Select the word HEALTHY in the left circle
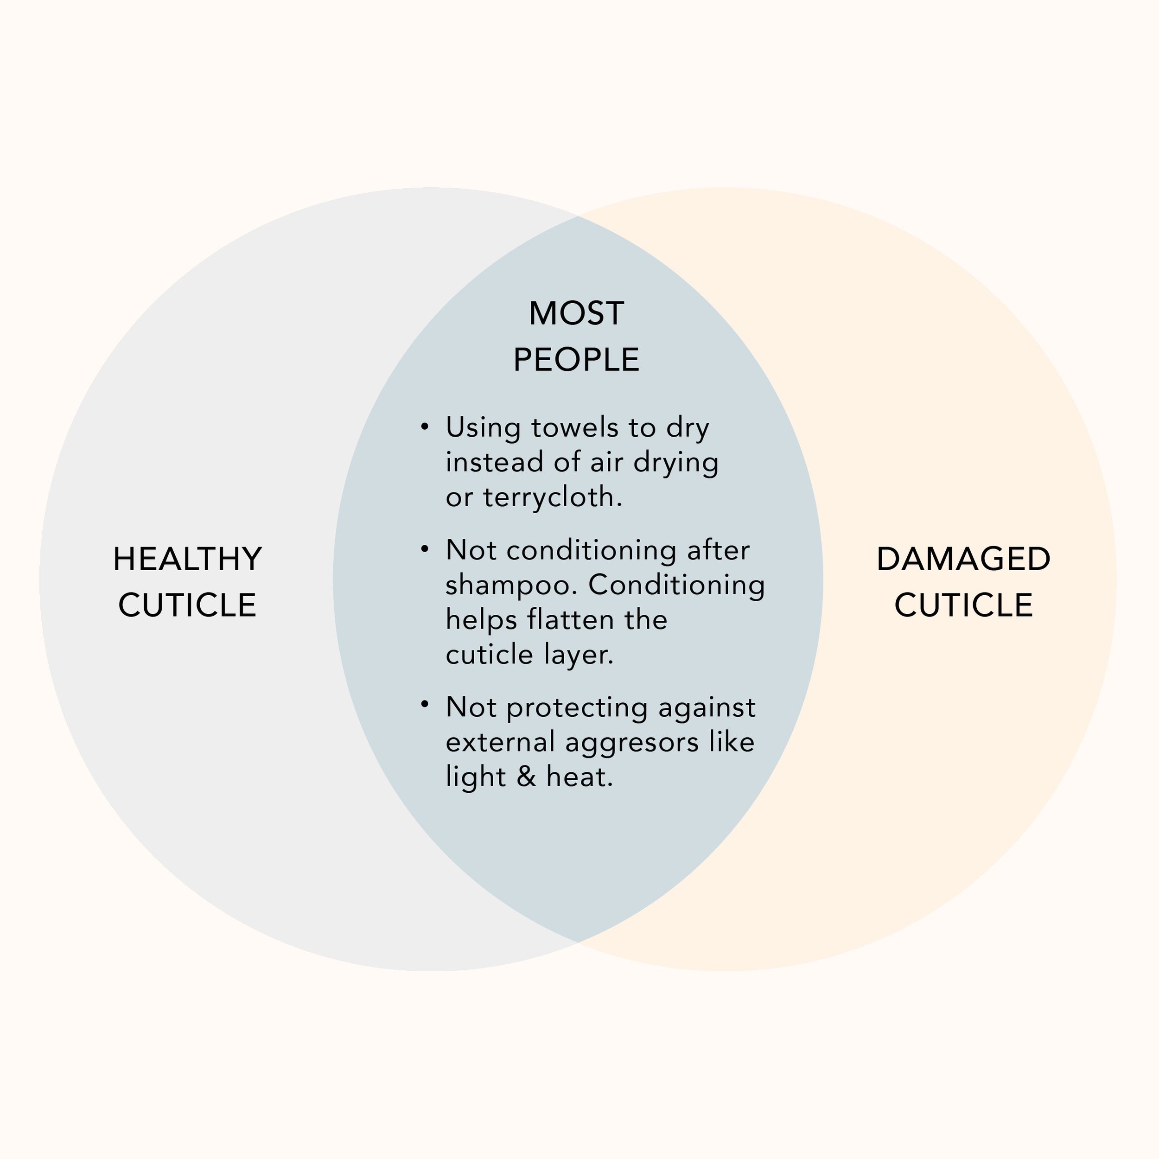pos(187,559)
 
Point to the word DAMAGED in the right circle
pos(963,559)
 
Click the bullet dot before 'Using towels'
pos(425,427)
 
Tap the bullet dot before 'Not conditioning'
pos(425,549)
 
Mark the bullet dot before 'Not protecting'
pos(425,704)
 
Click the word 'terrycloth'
pos(552,497)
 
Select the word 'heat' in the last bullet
pos(579,777)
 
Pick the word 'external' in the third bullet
pos(500,742)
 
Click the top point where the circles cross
pos(578,216)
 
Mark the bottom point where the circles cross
pos(578,942)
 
